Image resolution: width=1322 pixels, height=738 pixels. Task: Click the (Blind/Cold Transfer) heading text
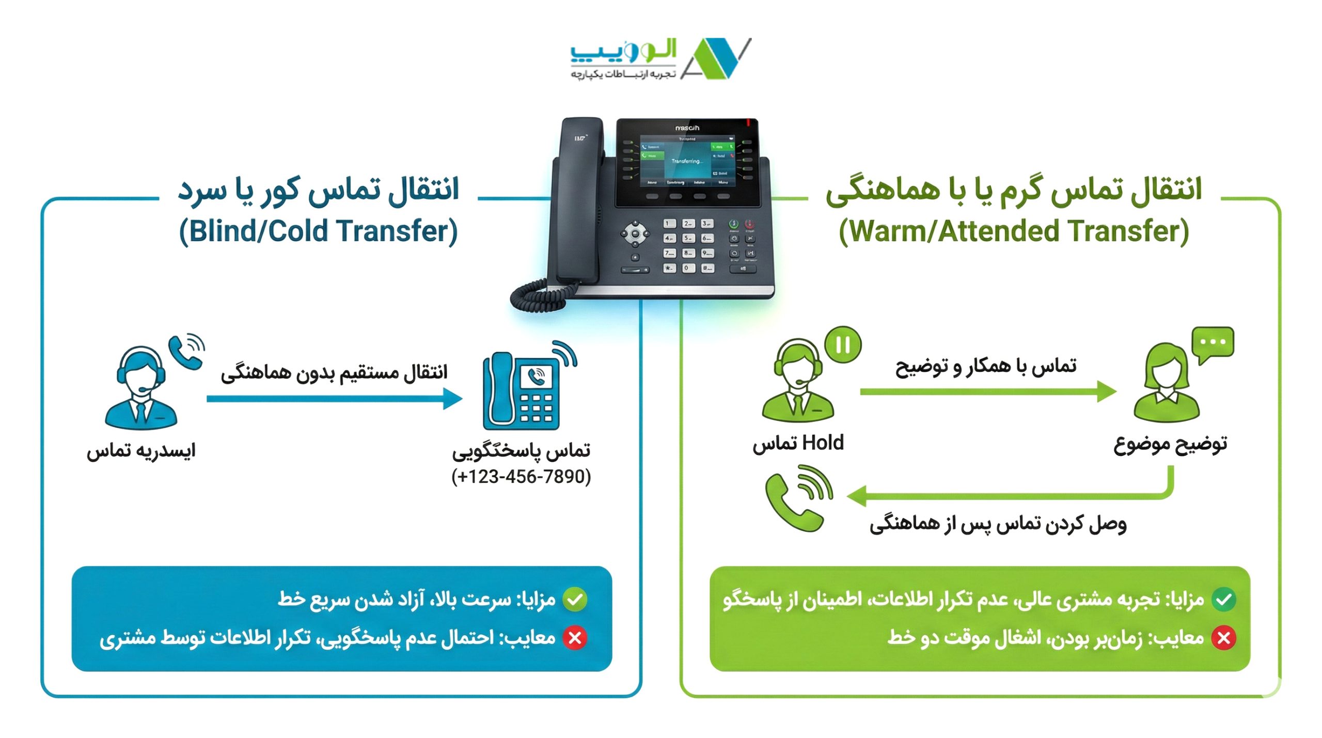[318, 231]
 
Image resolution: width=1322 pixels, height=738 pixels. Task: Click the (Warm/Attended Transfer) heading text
[1013, 231]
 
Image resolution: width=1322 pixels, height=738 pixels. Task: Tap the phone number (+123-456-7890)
[521, 476]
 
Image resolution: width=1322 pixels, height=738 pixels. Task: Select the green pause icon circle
[843, 344]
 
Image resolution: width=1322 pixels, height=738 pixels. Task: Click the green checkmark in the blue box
[575, 600]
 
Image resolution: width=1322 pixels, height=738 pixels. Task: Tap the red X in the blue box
[575, 638]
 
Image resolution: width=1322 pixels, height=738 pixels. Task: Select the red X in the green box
[1224, 638]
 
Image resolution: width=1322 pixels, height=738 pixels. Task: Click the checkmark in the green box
[1224, 600]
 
